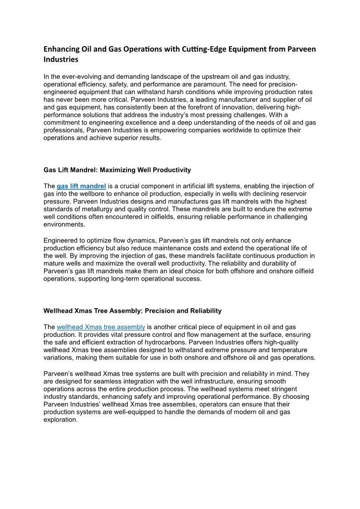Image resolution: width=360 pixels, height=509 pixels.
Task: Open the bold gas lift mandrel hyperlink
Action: (81, 186)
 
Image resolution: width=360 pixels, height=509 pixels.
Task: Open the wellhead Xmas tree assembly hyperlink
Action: (101, 327)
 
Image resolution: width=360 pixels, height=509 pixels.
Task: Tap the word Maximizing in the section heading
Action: (117, 170)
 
